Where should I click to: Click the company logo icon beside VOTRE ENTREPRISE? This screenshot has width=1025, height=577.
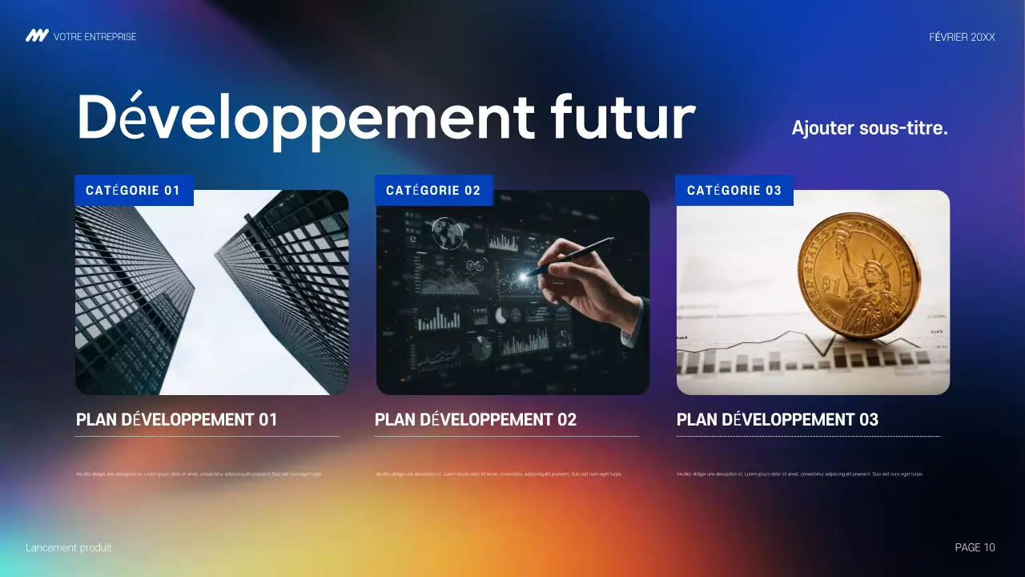tap(37, 36)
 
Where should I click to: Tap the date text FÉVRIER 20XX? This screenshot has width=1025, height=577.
tap(962, 37)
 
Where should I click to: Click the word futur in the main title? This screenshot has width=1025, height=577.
tap(622, 118)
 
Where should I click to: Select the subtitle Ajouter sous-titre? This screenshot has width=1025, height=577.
tap(869, 127)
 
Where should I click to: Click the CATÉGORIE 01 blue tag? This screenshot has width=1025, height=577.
tap(134, 191)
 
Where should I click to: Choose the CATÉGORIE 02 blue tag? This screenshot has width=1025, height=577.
tap(433, 191)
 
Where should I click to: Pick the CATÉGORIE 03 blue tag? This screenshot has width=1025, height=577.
tap(734, 191)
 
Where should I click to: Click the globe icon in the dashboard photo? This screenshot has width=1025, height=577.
tap(447, 232)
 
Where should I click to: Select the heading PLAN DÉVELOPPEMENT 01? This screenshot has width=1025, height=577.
tap(176, 419)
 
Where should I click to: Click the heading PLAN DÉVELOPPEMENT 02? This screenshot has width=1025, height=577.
tap(476, 419)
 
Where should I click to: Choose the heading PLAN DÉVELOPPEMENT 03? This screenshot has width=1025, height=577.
tap(778, 419)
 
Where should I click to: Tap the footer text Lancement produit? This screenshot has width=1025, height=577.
tap(69, 547)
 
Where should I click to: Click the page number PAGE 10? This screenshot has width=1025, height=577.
tap(975, 547)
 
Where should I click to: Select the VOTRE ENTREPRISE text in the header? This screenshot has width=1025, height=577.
tap(94, 37)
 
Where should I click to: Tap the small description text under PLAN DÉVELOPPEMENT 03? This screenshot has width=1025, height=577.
tap(799, 474)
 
